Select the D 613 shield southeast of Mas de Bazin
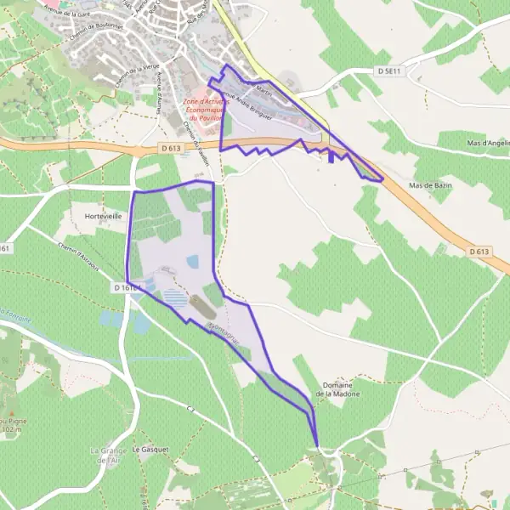(x=479, y=251)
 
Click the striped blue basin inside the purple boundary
(x=175, y=299)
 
